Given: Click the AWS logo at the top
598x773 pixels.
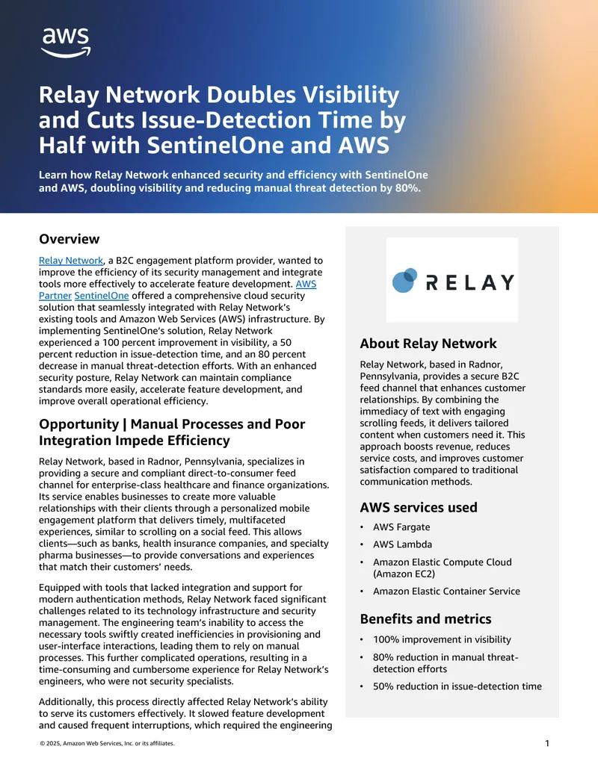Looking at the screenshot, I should tap(66, 42).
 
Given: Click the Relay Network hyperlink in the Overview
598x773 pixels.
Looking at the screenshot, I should tap(70, 261).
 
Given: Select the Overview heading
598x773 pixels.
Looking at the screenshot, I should tap(69, 239).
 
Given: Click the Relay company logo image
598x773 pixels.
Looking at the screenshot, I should tap(451, 280).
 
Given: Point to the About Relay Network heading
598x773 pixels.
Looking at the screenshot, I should tap(428, 344).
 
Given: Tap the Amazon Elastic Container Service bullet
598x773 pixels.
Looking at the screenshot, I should tap(446, 591).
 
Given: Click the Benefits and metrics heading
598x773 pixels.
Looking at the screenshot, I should tap(425, 618).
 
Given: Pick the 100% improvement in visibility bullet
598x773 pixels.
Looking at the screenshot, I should tap(442, 639).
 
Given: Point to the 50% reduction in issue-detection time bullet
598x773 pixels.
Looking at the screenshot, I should tap(457, 686).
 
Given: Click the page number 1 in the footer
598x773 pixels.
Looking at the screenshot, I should tap(547, 743).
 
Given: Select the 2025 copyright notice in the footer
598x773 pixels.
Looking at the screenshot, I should tap(107, 744).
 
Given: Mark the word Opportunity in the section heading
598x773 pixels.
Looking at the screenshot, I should tap(78, 423).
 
